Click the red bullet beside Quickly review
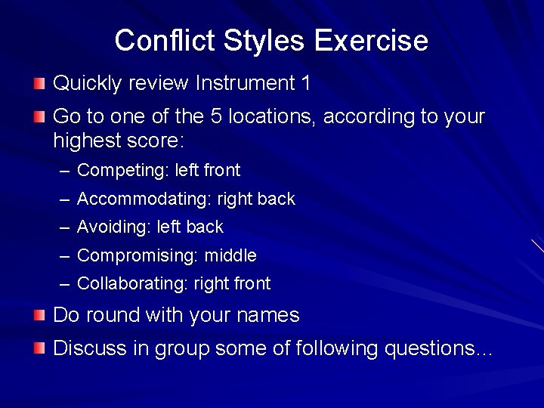tap(39, 82)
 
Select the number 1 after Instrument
tap(305, 82)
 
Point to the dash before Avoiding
tap(64, 227)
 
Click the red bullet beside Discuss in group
tap(39, 348)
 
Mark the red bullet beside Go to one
tap(39, 116)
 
